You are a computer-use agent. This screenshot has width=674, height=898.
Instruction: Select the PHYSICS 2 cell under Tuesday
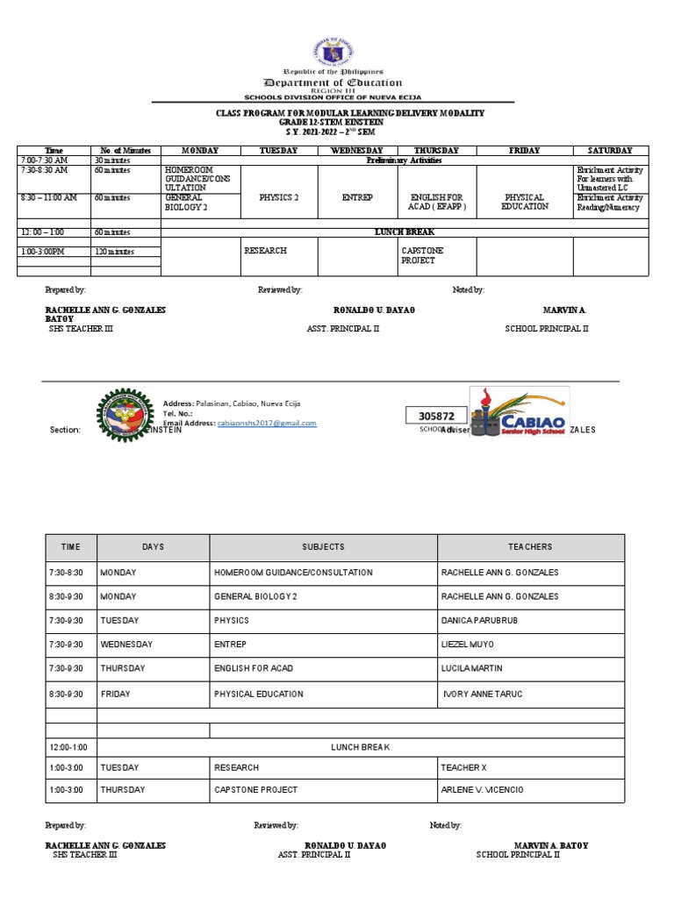[279, 198]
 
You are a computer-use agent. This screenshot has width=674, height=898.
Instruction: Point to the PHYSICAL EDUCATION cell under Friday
[525, 203]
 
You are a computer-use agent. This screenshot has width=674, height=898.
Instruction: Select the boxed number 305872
[436, 416]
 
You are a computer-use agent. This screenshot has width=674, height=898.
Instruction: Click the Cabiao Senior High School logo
[519, 410]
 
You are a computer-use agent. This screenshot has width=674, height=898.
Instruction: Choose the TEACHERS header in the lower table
[530, 547]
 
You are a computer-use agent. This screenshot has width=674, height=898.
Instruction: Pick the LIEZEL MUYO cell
[469, 645]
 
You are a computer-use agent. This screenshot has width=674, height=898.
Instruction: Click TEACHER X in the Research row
[463, 768]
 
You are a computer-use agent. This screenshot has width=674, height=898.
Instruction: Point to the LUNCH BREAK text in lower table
[360, 747]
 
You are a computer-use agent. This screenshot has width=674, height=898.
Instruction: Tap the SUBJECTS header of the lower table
[323, 547]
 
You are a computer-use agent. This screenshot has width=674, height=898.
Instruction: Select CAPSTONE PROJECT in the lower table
[255, 790]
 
